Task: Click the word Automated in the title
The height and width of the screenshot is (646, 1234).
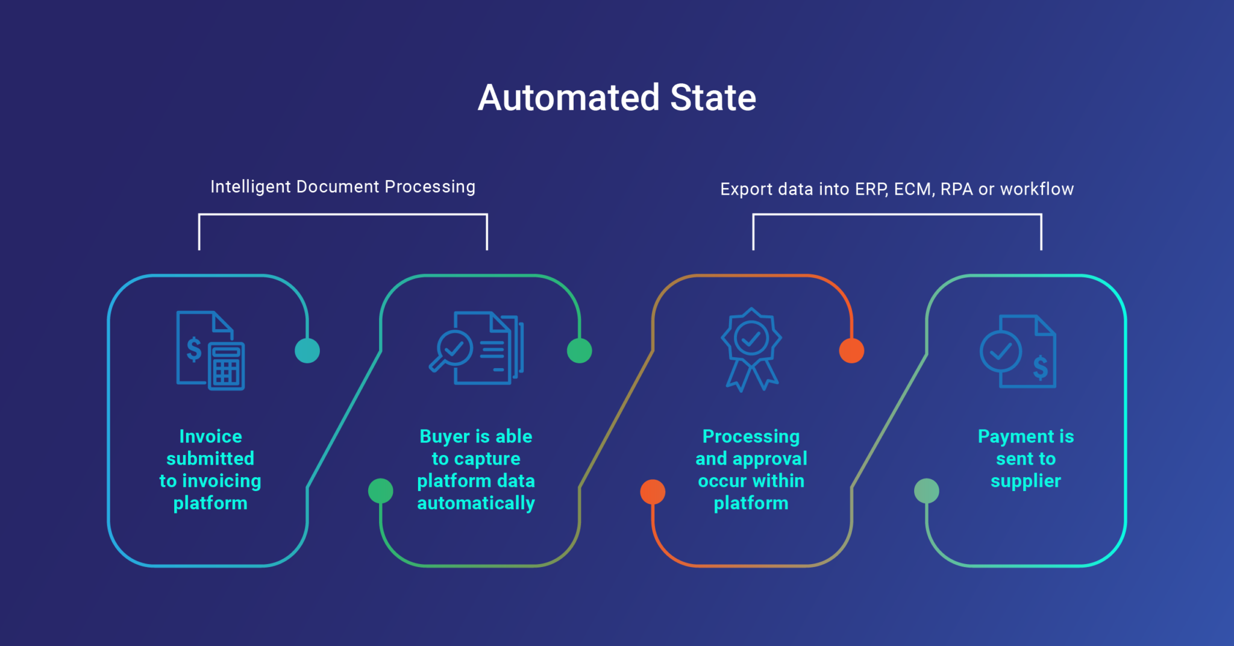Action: click(x=569, y=98)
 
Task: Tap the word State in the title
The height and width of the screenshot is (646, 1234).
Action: click(x=713, y=98)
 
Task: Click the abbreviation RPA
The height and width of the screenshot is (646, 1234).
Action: click(x=957, y=189)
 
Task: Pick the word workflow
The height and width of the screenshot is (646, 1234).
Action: click(x=1037, y=189)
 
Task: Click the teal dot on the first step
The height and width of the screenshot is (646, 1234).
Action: click(x=307, y=351)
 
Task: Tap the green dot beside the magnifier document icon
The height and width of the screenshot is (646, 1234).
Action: click(x=580, y=351)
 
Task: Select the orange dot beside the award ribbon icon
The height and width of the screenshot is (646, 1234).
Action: click(x=851, y=351)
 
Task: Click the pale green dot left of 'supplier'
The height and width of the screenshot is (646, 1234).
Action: click(x=927, y=491)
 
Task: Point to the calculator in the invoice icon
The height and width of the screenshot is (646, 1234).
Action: click(x=227, y=366)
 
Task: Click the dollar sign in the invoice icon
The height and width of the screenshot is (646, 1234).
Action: click(x=194, y=349)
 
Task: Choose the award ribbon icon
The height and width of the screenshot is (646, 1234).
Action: click(x=751, y=350)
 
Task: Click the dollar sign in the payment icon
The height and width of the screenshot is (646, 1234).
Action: click(x=1041, y=367)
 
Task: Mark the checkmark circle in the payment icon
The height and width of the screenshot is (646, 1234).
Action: click(x=1001, y=352)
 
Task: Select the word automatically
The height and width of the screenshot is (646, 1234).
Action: click(x=476, y=503)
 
